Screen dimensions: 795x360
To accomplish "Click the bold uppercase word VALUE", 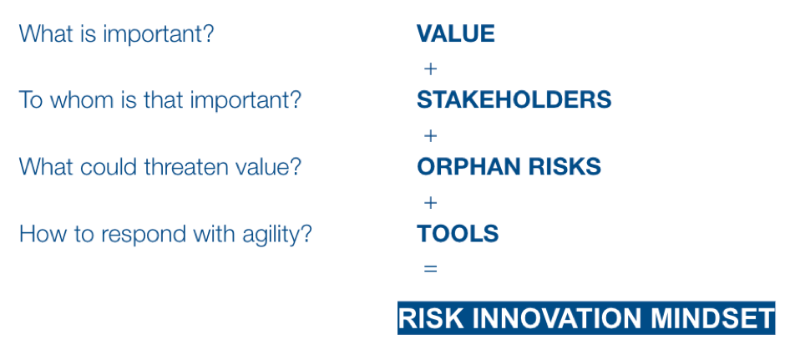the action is [455, 34].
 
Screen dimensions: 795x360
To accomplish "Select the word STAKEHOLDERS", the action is [514, 100].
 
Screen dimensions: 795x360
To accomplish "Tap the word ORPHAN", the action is [463, 167].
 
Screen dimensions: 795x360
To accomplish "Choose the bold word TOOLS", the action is [458, 234].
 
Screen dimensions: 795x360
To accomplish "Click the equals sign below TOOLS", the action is [430, 269].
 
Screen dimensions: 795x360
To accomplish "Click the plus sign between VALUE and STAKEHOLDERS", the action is [430, 69].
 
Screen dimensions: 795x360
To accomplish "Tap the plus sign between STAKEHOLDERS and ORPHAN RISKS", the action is [430, 136].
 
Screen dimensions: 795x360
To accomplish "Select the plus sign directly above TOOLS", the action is [430, 203].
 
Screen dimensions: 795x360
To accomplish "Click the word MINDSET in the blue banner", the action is [711, 318].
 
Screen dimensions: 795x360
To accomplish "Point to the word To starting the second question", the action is [30, 100].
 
